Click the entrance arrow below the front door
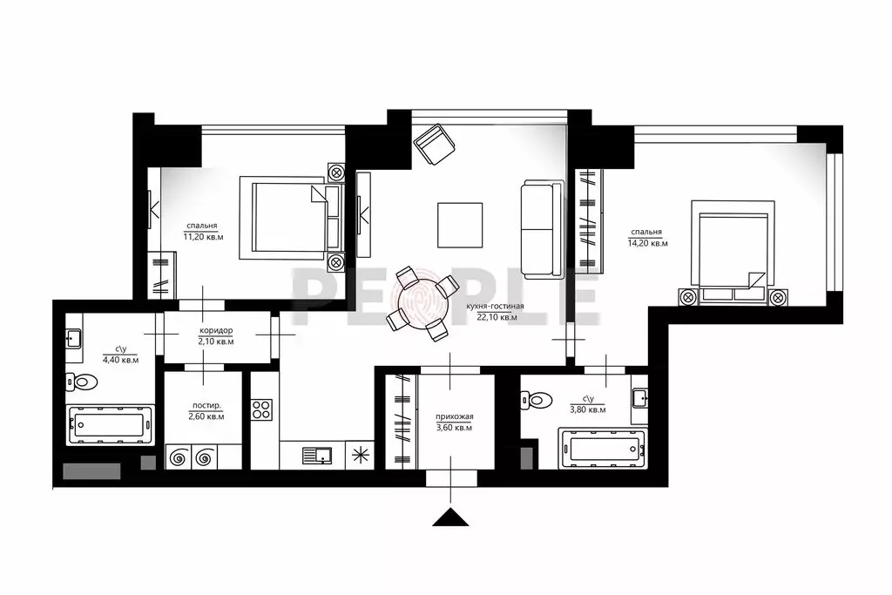pos(450,517)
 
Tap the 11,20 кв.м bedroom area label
pos(203,237)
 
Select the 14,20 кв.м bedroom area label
pos(648,243)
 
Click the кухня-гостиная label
pos(495,306)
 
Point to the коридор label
pos(216,330)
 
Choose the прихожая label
pos(455,416)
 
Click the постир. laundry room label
pos(206,406)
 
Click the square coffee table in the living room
pos(460,226)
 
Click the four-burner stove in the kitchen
pos(261,409)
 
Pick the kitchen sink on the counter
pos(317,456)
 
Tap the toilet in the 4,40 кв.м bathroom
pos(78,381)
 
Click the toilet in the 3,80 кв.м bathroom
pos(537,400)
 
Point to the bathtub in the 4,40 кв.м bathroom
pos(110,424)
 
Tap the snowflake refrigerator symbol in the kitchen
pos(360,456)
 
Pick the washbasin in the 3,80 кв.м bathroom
pos(639,398)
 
